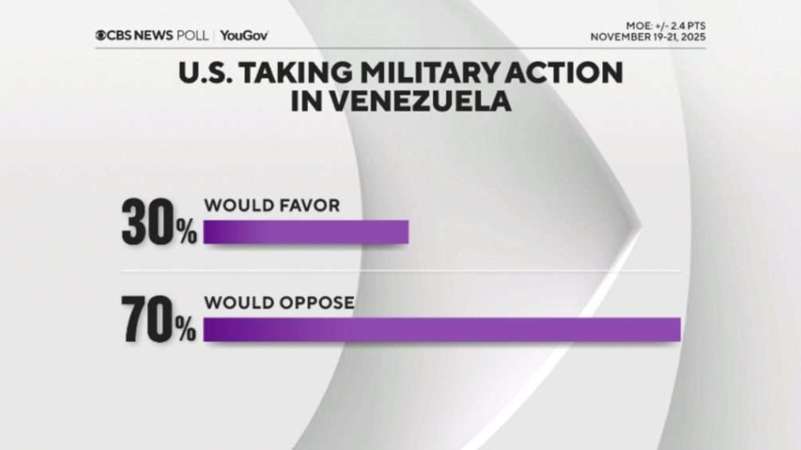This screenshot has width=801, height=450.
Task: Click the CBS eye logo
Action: click(100, 35)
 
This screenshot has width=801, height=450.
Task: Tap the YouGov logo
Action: click(244, 36)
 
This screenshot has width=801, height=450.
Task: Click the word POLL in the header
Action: click(192, 35)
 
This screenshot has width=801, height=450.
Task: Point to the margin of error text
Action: click(666, 26)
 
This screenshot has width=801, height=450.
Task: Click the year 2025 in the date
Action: click(694, 37)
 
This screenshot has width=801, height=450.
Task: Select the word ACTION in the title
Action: click(564, 73)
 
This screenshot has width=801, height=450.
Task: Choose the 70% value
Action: click(159, 319)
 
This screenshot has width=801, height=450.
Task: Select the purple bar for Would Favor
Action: click(306, 232)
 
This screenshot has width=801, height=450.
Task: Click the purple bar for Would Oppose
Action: click(442, 329)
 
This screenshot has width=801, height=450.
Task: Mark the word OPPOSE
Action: click(317, 303)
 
